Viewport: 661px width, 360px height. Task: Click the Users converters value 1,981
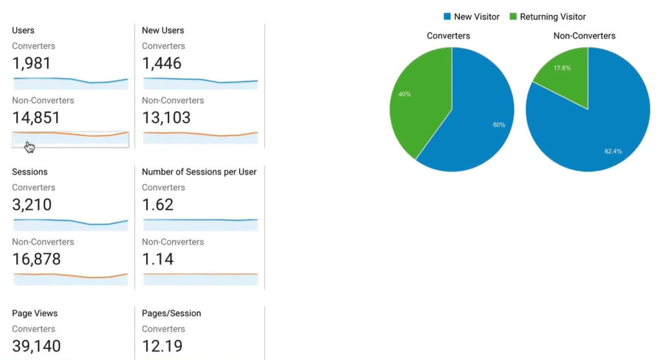tap(31, 63)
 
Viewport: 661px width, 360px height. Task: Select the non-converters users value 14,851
tap(36, 117)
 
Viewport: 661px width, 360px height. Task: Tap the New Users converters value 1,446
tap(161, 63)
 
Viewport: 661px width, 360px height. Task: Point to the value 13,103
tap(166, 117)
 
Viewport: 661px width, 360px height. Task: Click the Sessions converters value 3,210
tap(32, 205)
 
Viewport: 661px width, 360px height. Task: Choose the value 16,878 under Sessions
tap(36, 259)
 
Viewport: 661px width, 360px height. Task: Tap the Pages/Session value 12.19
tap(162, 346)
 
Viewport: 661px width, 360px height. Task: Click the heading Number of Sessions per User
tap(199, 172)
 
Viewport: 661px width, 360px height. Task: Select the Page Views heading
tap(34, 313)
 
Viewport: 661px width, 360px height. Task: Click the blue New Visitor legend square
tap(447, 17)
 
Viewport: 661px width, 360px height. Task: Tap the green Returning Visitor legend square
tap(513, 17)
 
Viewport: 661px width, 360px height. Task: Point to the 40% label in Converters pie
tap(405, 94)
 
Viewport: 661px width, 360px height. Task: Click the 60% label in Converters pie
tap(499, 125)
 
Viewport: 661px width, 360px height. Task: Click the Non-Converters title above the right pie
tap(584, 35)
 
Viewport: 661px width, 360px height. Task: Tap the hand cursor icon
tap(30, 147)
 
